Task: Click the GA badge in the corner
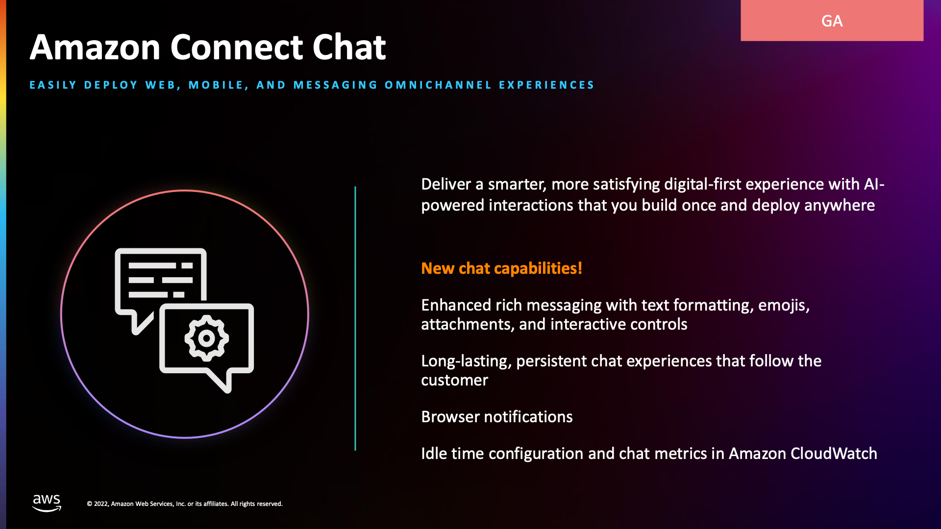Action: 832,21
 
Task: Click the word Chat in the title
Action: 349,48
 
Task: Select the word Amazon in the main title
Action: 95,48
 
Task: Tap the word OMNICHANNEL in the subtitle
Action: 438,85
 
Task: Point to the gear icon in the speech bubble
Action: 206,338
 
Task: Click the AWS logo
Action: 47,503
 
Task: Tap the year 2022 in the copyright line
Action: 101,504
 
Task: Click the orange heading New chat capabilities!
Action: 501,268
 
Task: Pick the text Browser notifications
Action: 496,417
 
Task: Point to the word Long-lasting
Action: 466,361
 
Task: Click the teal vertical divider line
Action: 355,318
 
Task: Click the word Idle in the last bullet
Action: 434,454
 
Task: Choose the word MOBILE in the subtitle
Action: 216,85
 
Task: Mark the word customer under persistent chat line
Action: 454,381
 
